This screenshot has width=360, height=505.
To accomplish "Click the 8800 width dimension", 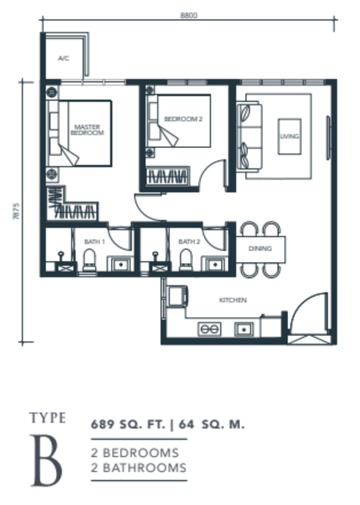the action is pos(189,15).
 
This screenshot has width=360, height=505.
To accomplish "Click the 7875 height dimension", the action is pos(16,211).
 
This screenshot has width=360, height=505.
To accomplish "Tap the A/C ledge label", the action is pos(64,58).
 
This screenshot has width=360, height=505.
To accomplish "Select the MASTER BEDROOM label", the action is pos(87,130).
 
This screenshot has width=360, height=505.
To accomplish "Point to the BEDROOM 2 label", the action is pos(183,119).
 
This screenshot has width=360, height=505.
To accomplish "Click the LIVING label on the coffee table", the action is pos(289,136).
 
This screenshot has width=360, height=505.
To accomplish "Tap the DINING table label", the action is pos(260,248).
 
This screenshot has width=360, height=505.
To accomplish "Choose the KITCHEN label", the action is pos(233,300).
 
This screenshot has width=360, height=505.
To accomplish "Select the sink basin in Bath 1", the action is pos(121,264).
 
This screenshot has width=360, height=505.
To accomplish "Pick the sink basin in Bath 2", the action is pos(215,264).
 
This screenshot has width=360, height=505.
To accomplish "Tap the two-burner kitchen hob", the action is pos(209,329).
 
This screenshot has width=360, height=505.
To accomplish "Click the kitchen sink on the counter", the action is pos(244,329).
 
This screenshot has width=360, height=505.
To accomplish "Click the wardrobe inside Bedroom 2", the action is pos(167,176).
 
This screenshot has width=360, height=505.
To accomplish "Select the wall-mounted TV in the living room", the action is pos(328,138).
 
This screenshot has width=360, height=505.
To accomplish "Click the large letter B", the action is pos(46,460).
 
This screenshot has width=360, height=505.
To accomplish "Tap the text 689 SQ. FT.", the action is pos(128,424).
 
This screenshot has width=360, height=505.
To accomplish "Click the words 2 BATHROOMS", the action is pos(138,468).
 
